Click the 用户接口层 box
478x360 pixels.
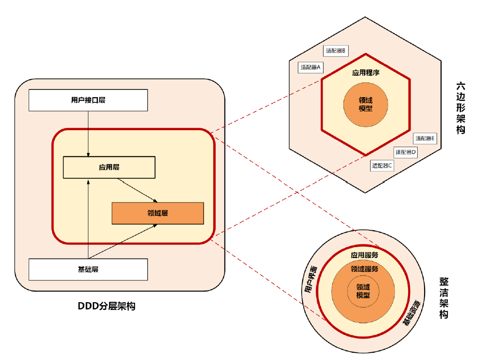[x=88, y=101]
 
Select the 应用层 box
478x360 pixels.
[x=109, y=167]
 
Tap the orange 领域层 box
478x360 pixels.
[x=157, y=213]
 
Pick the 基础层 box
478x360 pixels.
[x=88, y=269]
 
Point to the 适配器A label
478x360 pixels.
[x=311, y=67]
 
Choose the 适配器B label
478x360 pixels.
[x=336, y=50]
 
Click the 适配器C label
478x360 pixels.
[x=382, y=165]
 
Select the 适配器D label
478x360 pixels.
[x=406, y=152]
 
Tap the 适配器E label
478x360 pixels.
[x=425, y=138]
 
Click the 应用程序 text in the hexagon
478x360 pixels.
[x=365, y=73]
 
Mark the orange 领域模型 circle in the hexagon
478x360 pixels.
[x=365, y=103]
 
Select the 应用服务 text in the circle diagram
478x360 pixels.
[x=364, y=255]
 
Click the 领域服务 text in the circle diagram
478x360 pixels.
[x=364, y=269]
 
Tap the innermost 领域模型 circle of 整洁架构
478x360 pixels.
[x=363, y=291]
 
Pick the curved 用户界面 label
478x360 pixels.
[x=311, y=279]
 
